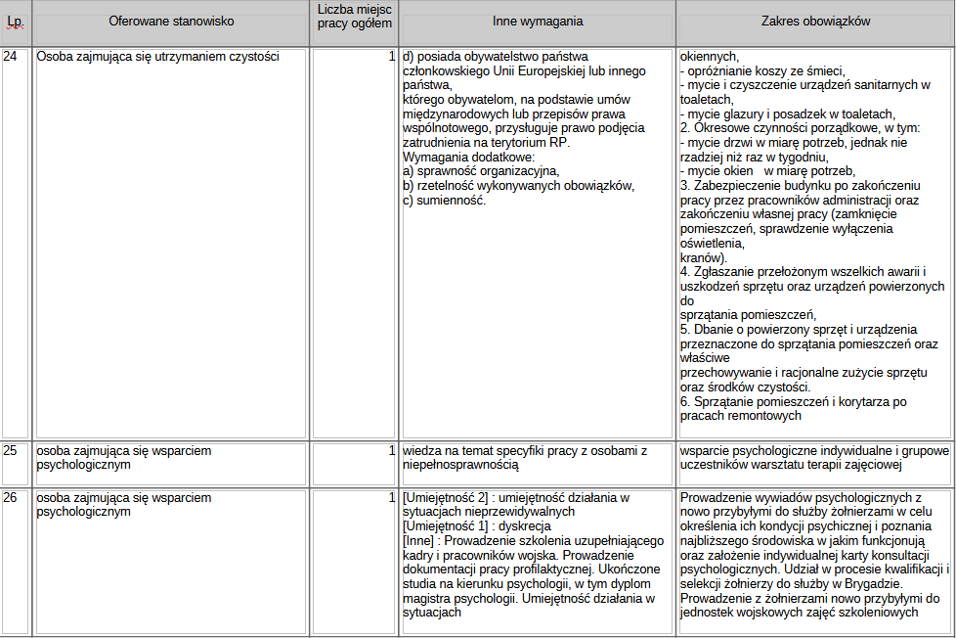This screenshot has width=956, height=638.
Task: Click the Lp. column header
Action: [x=15, y=21]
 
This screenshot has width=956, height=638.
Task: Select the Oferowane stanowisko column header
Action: [x=169, y=21]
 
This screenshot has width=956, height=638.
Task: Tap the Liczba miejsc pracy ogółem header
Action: [x=353, y=21]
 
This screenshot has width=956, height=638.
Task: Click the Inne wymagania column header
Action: [x=537, y=21]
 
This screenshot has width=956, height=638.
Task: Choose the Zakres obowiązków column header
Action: [x=815, y=21]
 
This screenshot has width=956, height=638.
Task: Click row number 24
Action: [x=11, y=57]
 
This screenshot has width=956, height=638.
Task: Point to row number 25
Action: [x=11, y=451]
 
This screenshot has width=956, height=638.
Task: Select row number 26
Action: [x=11, y=498]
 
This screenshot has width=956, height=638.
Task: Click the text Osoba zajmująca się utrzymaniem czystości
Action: [x=157, y=57]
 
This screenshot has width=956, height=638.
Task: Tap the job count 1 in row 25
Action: [x=391, y=451]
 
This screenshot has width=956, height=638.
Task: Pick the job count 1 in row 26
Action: [x=391, y=498]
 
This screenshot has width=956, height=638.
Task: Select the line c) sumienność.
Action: [x=444, y=201]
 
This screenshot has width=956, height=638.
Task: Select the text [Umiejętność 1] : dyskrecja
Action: [x=480, y=525]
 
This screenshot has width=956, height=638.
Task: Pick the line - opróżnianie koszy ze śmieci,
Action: [x=762, y=70]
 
